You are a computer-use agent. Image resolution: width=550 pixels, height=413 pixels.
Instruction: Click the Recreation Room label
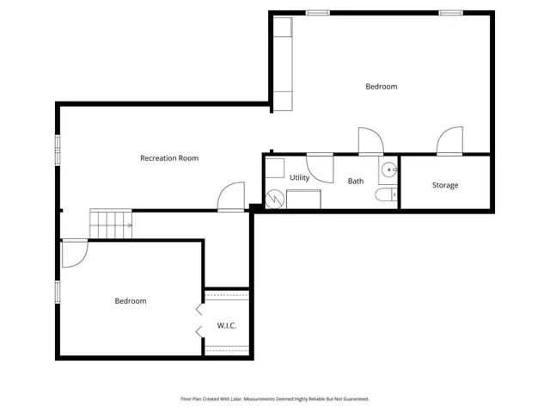(x=169, y=157)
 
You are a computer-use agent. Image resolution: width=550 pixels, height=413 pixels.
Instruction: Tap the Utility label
(x=299, y=177)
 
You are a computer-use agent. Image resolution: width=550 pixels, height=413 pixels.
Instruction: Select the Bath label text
(x=356, y=182)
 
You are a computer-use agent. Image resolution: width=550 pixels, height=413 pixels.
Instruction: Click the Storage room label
(x=445, y=185)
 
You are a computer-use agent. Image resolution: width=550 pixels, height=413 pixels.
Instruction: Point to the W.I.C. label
(x=227, y=325)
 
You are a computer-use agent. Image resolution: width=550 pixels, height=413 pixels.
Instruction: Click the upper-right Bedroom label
(x=382, y=86)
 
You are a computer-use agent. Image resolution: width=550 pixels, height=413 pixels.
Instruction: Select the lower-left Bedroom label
(x=131, y=301)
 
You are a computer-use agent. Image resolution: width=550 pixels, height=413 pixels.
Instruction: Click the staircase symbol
(x=110, y=225)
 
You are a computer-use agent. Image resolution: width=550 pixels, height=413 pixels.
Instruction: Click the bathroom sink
(x=388, y=170)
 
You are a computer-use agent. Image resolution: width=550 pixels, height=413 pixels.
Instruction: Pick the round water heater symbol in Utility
(x=274, y=200)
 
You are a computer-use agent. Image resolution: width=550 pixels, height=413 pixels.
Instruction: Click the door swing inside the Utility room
(x=320, y=168)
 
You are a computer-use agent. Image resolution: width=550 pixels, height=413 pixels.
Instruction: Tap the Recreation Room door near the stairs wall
(x=230, y=197)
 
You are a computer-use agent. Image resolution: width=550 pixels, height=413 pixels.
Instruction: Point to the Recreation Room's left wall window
(x=58, y=150)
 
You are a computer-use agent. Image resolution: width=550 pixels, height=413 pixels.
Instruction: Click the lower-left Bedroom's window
(x=58, y=292)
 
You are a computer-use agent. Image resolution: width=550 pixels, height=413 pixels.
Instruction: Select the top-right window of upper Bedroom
(x=451, y=13)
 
